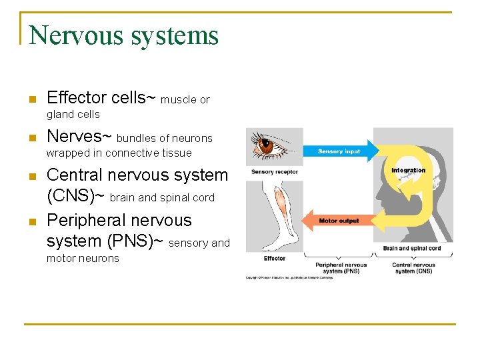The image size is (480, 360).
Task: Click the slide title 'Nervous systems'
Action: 124,35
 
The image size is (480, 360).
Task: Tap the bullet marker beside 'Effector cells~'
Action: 31,100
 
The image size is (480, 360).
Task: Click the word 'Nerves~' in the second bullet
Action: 79,137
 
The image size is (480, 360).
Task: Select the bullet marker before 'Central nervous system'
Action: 31,177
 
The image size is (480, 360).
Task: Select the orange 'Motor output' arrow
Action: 337,221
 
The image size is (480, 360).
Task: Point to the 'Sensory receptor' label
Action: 274,172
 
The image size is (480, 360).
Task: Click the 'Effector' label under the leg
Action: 275,259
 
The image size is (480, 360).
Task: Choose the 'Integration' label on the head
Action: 408,171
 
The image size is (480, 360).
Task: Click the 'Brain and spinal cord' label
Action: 412,249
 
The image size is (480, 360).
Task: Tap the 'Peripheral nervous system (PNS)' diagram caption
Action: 341,268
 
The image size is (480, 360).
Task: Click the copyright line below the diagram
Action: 291,277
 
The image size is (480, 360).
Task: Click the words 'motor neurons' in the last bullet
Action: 83,259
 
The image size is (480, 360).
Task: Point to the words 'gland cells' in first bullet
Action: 73,115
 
